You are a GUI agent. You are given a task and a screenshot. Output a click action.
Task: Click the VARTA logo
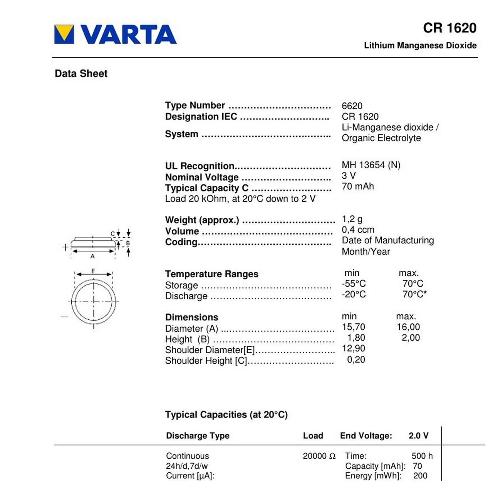click(116, 34)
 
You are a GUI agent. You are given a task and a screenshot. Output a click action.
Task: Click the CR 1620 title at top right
click(449, 28)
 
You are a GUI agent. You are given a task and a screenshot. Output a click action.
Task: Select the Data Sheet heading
click(81, 74)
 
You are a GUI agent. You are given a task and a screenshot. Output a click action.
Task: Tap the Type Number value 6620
click(352, 106)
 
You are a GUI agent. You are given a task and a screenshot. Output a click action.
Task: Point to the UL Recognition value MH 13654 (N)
click(371, 165)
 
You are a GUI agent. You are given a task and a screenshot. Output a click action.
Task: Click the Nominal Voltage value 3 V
click(349, 176)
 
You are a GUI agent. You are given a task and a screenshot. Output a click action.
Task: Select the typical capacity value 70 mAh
click(357, 186)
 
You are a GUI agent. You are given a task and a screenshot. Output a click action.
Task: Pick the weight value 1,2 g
click(352, 219)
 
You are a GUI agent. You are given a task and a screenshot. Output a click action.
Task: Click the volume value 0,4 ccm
click(358, 230)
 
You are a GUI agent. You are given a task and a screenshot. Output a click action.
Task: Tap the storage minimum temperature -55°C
click(354, 284)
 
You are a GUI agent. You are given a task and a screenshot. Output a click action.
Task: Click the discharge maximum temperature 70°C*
click(414, 294)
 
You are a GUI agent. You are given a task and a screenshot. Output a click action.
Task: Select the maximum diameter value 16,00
click(408, 327)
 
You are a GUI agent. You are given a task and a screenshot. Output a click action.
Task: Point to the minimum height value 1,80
click(356, 338)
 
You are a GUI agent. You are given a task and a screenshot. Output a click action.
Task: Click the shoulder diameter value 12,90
click(354, 349)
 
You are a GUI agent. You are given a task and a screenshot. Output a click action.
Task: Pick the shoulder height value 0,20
click(356, 360)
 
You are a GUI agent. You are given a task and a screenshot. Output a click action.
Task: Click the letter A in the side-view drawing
click(92, 256)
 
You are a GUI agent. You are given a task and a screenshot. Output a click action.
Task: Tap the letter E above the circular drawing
click(93, 271)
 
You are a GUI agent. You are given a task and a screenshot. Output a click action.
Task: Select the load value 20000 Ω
click(319, 456)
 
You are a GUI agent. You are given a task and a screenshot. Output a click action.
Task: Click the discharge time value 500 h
click(422, 456)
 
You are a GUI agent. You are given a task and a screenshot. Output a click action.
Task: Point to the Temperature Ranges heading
click(211, 274)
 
